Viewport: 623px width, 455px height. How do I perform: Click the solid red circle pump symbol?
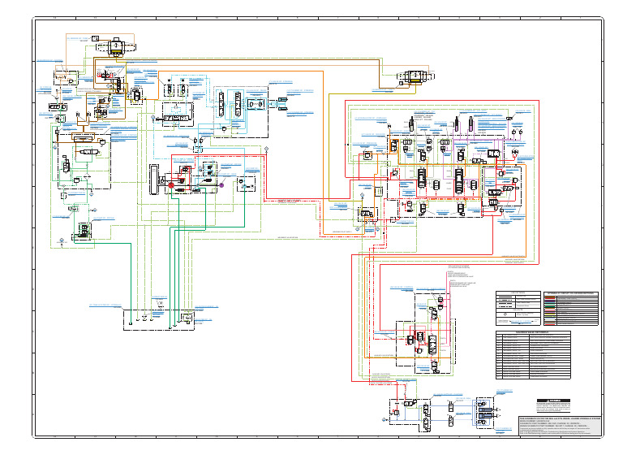tap(171, 185)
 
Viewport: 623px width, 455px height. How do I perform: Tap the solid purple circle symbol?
tap(221, 185)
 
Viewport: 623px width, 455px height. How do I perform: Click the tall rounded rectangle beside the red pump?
tap(151, 179)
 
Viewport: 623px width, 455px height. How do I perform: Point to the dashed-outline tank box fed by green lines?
tap(158, 318)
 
